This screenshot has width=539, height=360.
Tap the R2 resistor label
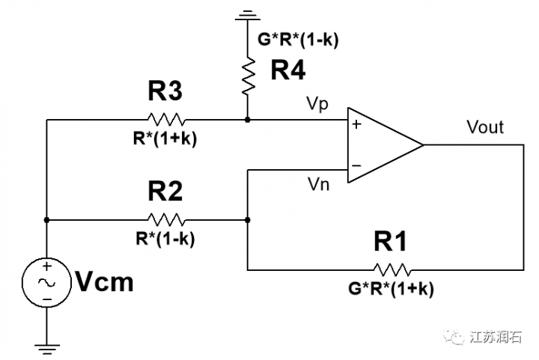[x=165, y=193]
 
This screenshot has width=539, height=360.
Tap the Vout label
[x=484, y=127]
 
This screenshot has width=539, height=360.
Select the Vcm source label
[x=105, y=283]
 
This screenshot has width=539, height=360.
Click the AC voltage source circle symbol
[x=46, y=283]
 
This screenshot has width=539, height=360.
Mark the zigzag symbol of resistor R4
[x=247, y=77]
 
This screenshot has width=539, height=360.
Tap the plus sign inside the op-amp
[x=356, y=124]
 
